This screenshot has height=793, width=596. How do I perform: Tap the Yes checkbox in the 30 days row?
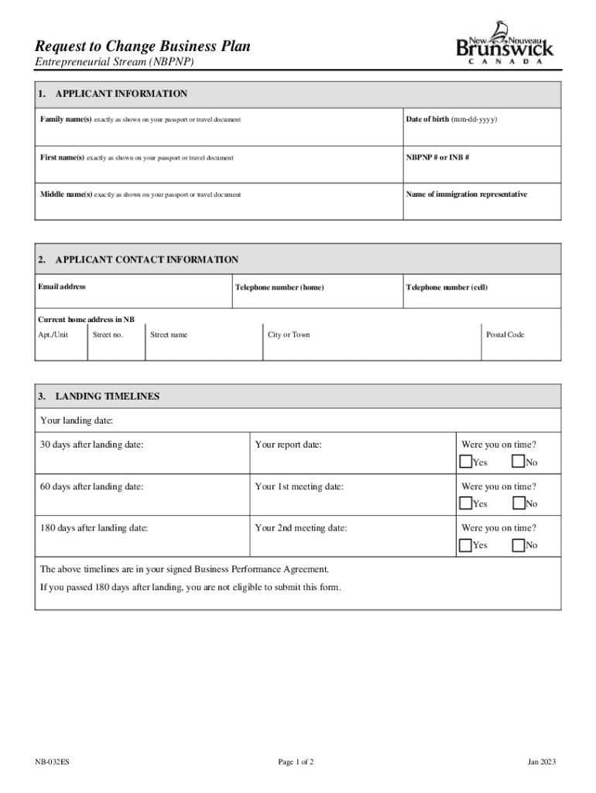[466, 462]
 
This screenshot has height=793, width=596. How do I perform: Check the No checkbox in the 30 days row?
[519, 462]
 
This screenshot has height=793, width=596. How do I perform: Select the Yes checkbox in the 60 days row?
[466, 503]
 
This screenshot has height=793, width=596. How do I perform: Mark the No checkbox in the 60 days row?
[519, 503]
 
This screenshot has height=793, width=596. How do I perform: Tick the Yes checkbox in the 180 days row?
[466, 544]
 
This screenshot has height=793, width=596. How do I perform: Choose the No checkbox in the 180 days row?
[519, 544]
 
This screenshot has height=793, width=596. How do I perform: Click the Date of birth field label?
[451, 119]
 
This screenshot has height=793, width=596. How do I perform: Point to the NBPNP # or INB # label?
[438, 157]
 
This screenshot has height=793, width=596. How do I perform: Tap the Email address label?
[62, 287]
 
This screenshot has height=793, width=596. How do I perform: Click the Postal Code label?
[505, 335]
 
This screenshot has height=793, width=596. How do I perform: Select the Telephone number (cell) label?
[447, 287]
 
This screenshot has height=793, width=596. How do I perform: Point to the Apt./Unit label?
[53, 335]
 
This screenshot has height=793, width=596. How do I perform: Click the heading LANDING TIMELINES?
[107, 396]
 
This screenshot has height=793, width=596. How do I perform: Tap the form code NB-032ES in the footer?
[52, 762]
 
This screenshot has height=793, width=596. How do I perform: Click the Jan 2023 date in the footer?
[542, 762]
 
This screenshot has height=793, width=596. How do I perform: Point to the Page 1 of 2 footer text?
[296, 762]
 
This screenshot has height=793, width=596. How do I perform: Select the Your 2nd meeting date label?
[301, 527]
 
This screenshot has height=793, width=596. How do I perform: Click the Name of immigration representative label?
[466, 194]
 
